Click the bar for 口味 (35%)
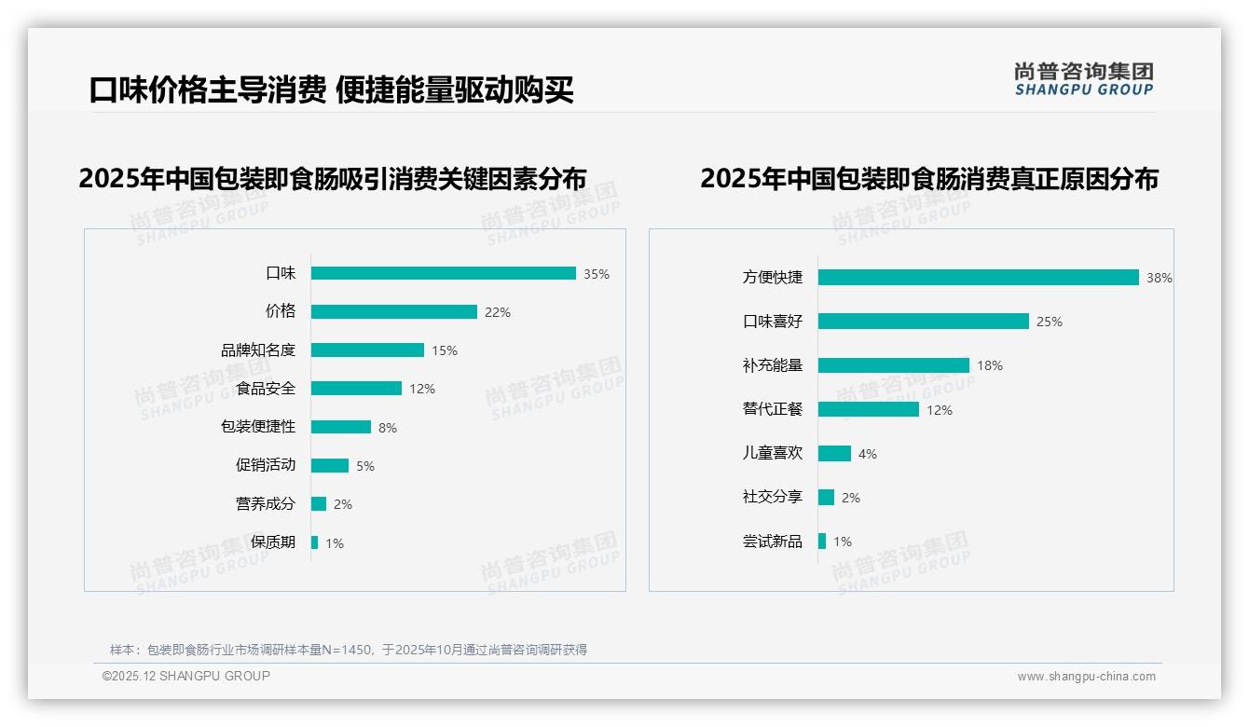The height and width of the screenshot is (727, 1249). click(x=444, y=273)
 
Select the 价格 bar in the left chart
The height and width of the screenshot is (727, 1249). click(x=394, y=312)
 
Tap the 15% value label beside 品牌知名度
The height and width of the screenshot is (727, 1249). click(x=445, y=350)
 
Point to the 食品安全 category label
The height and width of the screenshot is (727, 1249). click(x=266, y=389)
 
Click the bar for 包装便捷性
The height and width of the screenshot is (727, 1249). click(x=341, y=427)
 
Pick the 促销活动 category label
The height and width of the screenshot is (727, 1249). click(x=266, y=465)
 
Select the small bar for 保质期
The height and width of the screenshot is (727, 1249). click(x=315, y=542)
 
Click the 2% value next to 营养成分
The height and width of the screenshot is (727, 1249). click(x=343, y=504)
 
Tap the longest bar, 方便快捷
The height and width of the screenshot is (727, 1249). click(x=979, y=278)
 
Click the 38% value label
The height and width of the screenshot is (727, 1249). click(x=1160, y=278)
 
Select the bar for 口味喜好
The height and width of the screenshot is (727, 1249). click(x=924, y=322)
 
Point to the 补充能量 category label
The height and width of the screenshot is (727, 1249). click(x=773, y=365)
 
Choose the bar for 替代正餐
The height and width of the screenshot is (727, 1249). click(x=869, y=409)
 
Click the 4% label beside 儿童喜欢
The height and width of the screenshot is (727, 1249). click(x=868, y=454)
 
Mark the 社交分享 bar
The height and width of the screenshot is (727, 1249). click(x=827, y=498)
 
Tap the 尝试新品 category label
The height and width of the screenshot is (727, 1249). click(x=773, y=542)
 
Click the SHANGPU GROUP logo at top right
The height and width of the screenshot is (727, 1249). click(x=1084, y=79)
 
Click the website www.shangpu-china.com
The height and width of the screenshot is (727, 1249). click(x=1087, y=677)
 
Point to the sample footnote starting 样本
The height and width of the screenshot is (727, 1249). click(x=349, y=650)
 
